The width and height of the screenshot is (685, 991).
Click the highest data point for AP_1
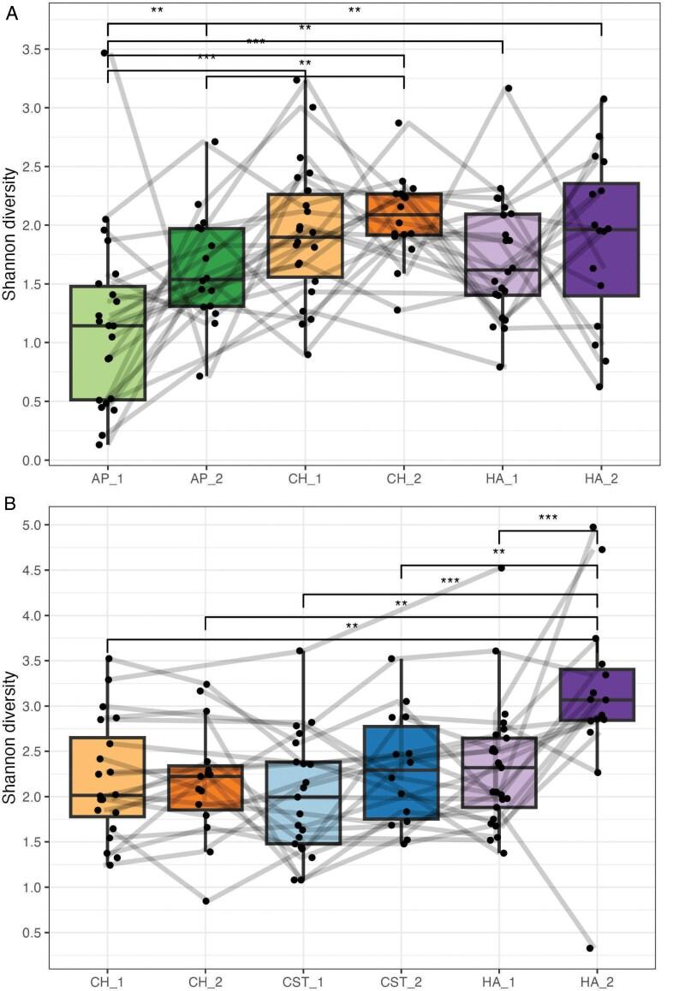104,53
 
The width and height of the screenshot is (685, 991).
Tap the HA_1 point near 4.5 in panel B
501,567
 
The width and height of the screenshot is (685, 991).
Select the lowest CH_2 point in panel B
206,900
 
